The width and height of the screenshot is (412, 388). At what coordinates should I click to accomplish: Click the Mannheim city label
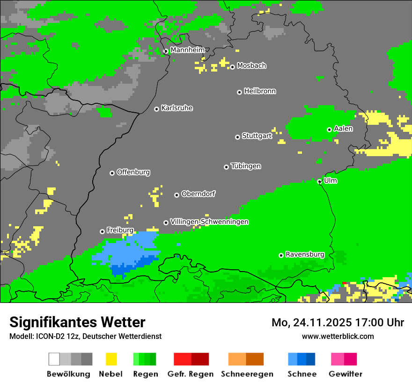pyautogui.click(x=187, y=50)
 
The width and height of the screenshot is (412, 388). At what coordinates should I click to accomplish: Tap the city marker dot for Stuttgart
pyautogui.click(x=237, y=137)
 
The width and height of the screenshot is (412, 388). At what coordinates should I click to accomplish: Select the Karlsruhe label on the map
pyautogui.click(x=177, y=108)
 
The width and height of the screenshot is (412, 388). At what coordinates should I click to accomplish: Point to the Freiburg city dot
pyautogui.click(x=102, y=231)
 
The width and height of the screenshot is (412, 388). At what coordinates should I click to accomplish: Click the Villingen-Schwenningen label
pyautogui.click(x=209, y=222)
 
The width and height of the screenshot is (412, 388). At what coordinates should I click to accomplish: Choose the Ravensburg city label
pyautogui.click(x=305, y=254)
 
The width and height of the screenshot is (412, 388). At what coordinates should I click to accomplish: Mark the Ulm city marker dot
pyautogui.click(x=319, y=181)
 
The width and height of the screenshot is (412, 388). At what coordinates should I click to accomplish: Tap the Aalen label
pyautogui.click(x=343, y=129)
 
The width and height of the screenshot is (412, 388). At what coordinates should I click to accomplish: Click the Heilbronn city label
pyautogui.click(x=260, y=91)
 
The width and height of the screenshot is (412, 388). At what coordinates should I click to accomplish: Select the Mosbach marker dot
pyautogui.click(x=232, y=67)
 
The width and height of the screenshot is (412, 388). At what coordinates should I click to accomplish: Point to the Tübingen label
pyautogui.click(x=246, y=166)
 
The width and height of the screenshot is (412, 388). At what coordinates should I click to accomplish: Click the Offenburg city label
pyautogui.click(x=133, y=172)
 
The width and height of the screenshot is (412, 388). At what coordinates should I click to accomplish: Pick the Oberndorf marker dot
pyautogui.click(x=177, y=195)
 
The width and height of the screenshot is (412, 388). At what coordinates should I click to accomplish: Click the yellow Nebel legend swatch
pyautogui.click(x=111, y=359)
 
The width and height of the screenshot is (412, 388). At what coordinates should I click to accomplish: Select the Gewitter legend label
pyautogui.click(x=346, y=374)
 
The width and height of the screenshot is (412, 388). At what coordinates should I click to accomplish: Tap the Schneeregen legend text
pyautogui.click(x=247, y=374)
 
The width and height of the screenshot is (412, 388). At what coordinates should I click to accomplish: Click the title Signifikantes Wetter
pyautogui.click(x=77, y=322)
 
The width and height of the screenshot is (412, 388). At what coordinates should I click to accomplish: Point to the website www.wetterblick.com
pyautogui.click(x=338, y=336)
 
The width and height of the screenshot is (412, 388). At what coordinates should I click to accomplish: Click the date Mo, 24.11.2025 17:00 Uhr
pyautogui.click(x=338, y=323)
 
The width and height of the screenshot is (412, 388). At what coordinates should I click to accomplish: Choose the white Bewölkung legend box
pyautogui.click(x=54, y=359)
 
